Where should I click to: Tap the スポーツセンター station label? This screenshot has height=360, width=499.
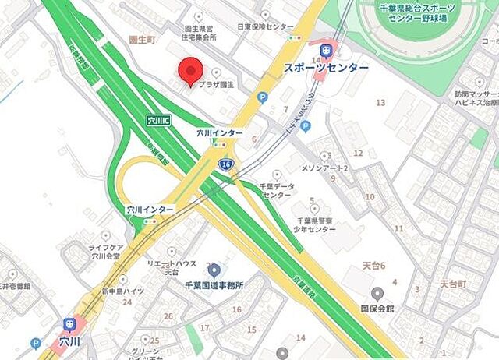pos(327,69)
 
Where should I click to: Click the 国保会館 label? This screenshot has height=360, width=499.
pos(377,309)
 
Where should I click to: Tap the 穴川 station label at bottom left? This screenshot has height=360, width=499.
pos(70,341)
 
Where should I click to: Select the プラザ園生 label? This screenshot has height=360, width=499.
pos(215,83)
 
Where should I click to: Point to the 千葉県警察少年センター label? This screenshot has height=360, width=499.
pos(315,224)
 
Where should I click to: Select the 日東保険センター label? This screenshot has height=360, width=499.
pos(266,26)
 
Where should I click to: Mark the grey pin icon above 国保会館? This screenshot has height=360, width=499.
pos(377,294)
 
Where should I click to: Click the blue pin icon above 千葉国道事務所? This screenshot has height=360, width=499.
pos(213,271)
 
